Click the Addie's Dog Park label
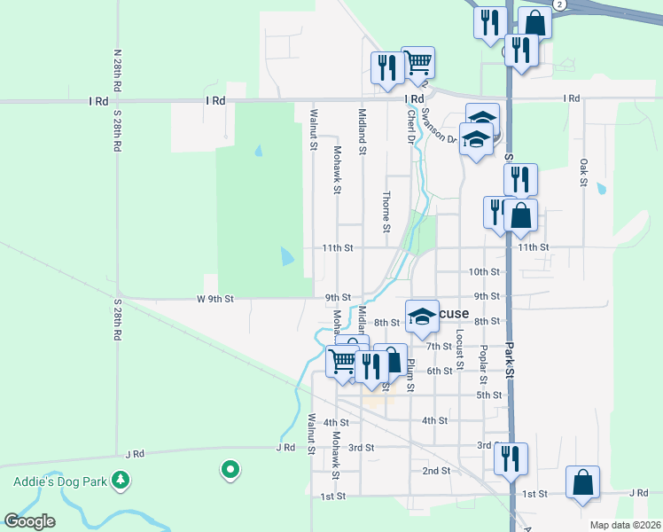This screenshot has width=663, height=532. [x=59, y=481]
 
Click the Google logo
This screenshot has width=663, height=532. [x=29, y=521]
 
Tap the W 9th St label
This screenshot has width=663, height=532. [x=215, y=299]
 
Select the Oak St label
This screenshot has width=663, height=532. [x=583, y=173]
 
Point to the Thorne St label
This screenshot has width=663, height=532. [x=386, y=211]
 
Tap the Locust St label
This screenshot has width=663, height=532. [x=460, y=349]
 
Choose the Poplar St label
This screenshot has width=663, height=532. [x=483, y=364]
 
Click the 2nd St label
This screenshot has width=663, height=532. [x=437, y=470]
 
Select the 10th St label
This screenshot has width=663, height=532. [x=484, y=271]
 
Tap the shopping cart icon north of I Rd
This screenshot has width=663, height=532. [x=417, y=63]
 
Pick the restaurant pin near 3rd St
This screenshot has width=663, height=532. [x=511, y=458]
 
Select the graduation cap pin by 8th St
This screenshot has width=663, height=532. [x=423, y=316]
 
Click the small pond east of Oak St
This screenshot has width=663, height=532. [x=602, y=188]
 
